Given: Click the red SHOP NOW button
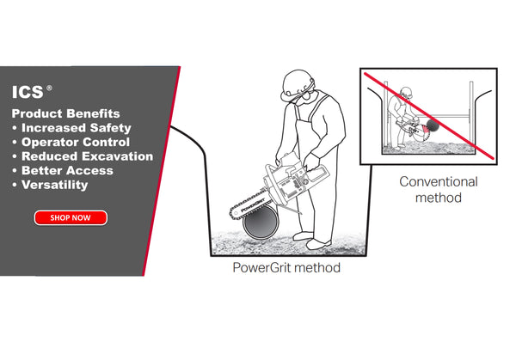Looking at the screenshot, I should click(71, 217).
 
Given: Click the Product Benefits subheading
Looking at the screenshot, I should click(66, 113).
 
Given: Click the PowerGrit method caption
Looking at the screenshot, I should click(286, 268).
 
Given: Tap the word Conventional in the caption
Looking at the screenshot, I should click(438, 182).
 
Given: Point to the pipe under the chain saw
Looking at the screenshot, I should click(261, 226).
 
